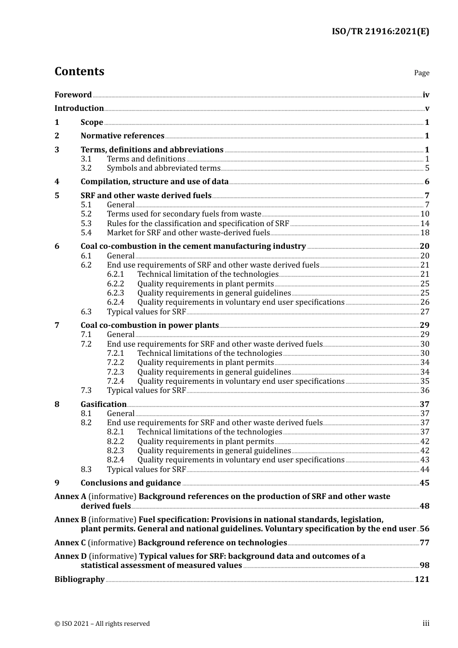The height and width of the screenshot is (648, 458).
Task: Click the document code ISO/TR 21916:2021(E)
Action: pyautogui.click(x=380, y=32)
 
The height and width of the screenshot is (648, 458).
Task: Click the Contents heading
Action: pyautogui.click(x=79, y=71)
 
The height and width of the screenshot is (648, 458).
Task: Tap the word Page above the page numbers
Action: pyautogui.click(x=421, y=73)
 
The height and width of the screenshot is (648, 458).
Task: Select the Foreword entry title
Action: pyautogui.click(x=73, y=95)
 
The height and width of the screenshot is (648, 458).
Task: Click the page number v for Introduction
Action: pyautogui.click(x=427, y=108)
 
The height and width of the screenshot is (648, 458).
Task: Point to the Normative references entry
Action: pyautogui.click(x=122, y=136)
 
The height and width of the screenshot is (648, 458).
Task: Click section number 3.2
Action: pyautogui.click(x=86, y=168)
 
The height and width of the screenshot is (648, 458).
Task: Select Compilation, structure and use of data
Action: pyautogui.click(x=154, y=182)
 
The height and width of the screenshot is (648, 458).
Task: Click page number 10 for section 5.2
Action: pyautogui.click(x=424, y=214)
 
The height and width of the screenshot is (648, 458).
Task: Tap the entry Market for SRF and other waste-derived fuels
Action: pyautogui.click(x=188, y=233)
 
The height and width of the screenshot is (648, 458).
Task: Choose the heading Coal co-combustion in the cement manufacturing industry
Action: pyautogui.click(x=193, y=246)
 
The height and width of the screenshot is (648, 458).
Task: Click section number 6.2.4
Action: pyautogui.click(x=115, y=302)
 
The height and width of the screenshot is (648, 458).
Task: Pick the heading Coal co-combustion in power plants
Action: pyautogui.click(x=149, y=325)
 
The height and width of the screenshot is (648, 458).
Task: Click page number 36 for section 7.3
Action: pyautogui.click(x=424, y=391)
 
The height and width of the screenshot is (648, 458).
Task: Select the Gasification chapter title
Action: pyautogui.click(x=103, y=405)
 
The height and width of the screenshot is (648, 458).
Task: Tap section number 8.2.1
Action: pyautogui.click(x=115, y=432)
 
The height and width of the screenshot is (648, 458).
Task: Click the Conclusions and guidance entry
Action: pyautogui.click(x=131, y=483)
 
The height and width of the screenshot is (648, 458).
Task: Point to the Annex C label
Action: pyautogui.click(x=70, y=543)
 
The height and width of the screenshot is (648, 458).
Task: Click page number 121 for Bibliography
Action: pyautogui.click(x=422, y=580)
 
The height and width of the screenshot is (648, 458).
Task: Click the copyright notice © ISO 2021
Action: pyautogui.click(x=102, y=624)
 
